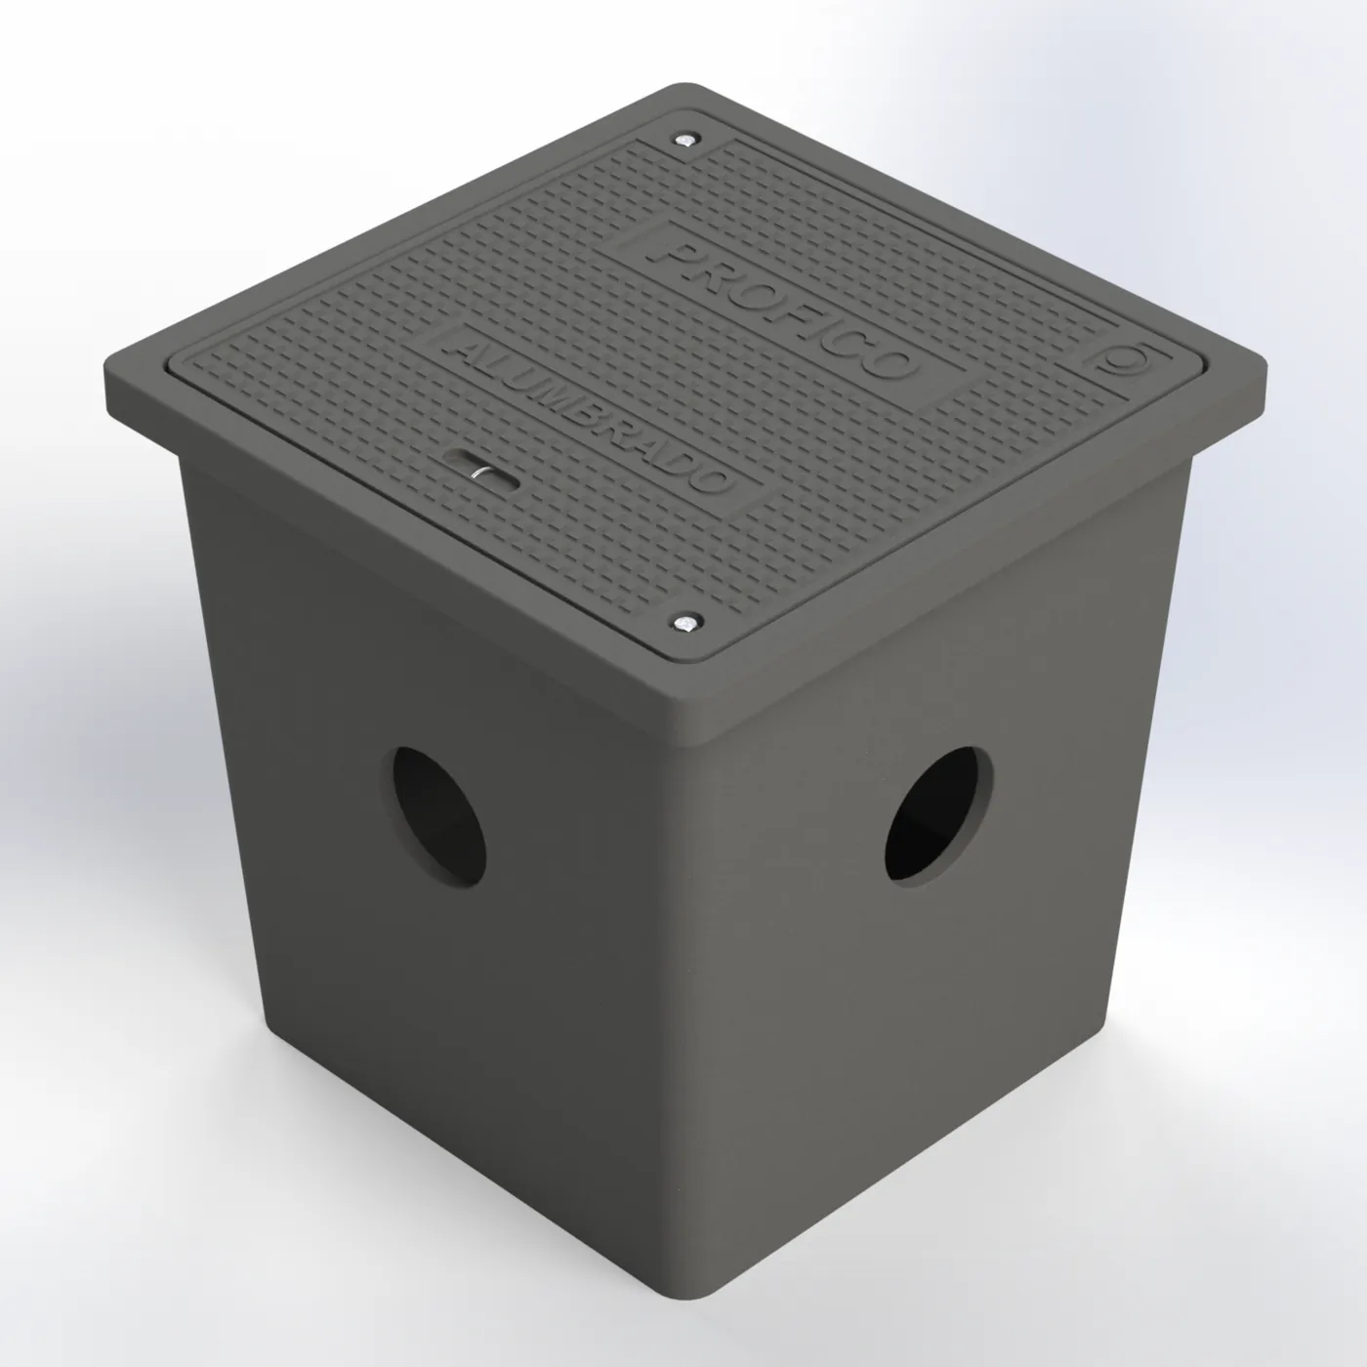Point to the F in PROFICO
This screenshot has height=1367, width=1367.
[787, 313]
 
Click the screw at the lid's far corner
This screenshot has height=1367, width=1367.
[685, 140]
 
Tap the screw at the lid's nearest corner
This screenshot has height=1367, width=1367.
[686, 623]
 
